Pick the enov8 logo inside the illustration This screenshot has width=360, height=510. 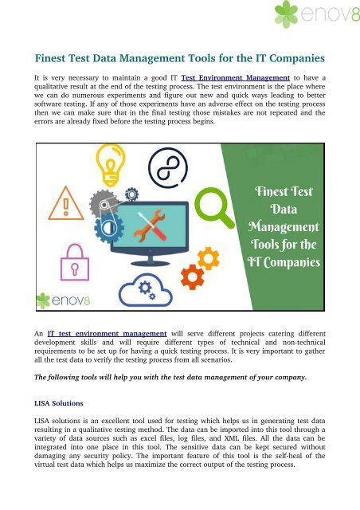pos(72,301)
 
